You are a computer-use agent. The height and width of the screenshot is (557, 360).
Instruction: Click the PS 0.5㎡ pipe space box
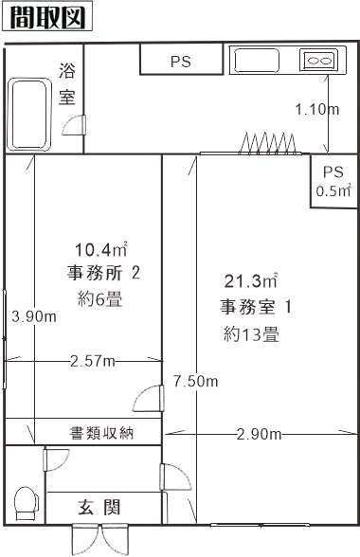pyautogui.click(x=332, y=181)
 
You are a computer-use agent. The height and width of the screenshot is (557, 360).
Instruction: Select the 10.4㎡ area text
pyautogui.click(x=101, y=251)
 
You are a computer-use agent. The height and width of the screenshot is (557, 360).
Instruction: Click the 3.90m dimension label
pyautogui.click(x=34, y=316)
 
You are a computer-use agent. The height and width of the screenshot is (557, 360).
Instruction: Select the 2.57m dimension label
pyautogui.click(x=93, y=361)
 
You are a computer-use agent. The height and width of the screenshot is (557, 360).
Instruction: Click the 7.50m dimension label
pyautogui.click(x=196, y=381)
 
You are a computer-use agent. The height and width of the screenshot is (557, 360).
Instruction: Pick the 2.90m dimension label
pyautogui.click(x=260, y=435)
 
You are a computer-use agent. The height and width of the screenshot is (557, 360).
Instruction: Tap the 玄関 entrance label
pyautogui.click(x=99, y=507)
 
